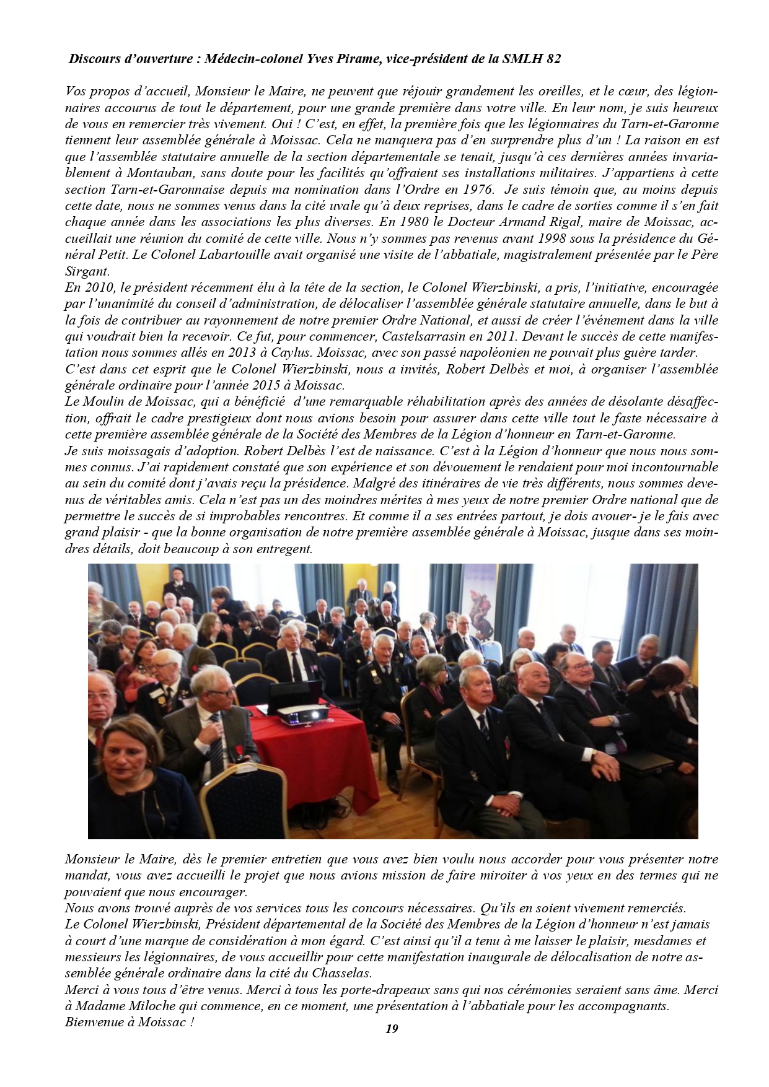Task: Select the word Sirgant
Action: click(86, 271)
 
